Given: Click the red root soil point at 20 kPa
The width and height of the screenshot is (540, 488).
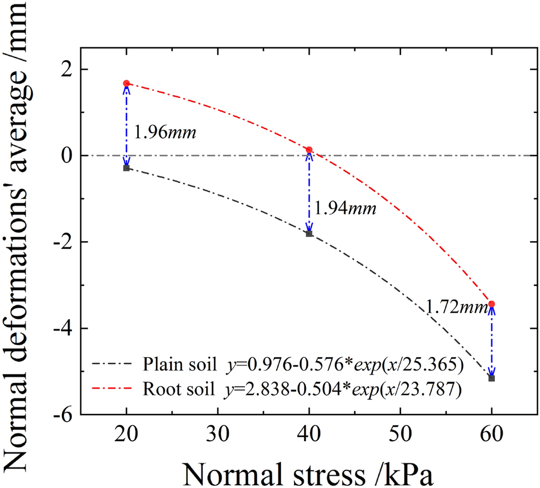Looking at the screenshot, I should [x=127, y=83].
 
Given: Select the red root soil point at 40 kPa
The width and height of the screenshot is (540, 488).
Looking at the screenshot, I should [x=309, y=150].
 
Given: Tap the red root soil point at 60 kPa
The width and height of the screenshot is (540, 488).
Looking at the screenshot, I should [x=491, y=304].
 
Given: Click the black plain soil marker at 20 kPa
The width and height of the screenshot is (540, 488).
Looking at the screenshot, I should [x=127, y=168].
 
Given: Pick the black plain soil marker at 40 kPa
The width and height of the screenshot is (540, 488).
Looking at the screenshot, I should [x=309, y=233].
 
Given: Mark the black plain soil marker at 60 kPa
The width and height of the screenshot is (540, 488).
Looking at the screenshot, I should [x=491, y=378].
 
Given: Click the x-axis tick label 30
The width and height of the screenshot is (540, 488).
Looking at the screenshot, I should [x=218, y=432].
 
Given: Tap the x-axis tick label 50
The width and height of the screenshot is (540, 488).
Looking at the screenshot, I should [x=400, y=432].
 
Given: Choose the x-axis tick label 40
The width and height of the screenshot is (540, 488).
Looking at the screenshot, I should [x=309, y=432].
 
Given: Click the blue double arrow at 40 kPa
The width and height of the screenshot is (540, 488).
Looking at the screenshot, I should [x=309, y=192].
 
